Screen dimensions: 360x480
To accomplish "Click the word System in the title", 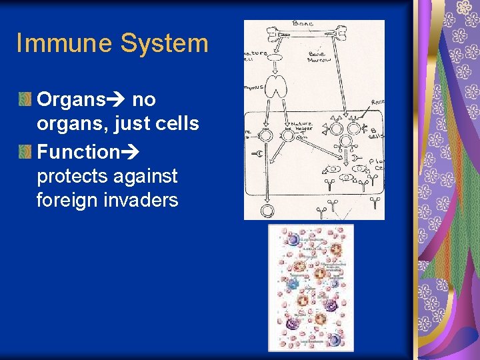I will pos(164,43).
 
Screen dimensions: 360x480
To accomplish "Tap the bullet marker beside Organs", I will pos(25,100).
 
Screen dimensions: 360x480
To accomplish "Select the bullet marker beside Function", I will pos(25,152).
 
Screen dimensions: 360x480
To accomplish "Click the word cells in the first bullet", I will pos(177,124).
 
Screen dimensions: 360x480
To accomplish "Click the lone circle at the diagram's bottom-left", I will pos(267,211).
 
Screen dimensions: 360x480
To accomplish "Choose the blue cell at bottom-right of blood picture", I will pos(335,340).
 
